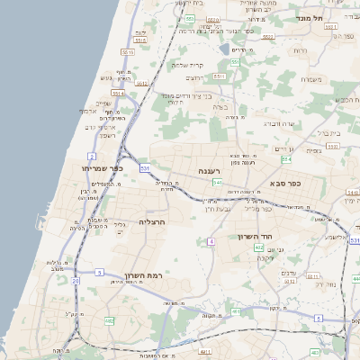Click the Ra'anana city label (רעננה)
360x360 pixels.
(x=216, y=169)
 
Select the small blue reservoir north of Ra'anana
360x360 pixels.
(x=223, y=51)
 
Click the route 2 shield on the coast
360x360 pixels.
(x=92, y=157)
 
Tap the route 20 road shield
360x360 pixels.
(x=76, y=281)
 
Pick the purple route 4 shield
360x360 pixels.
(x=211, y=241)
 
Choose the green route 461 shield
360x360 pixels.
(x=235, y=311)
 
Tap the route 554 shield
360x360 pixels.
(x=286, y=159)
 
